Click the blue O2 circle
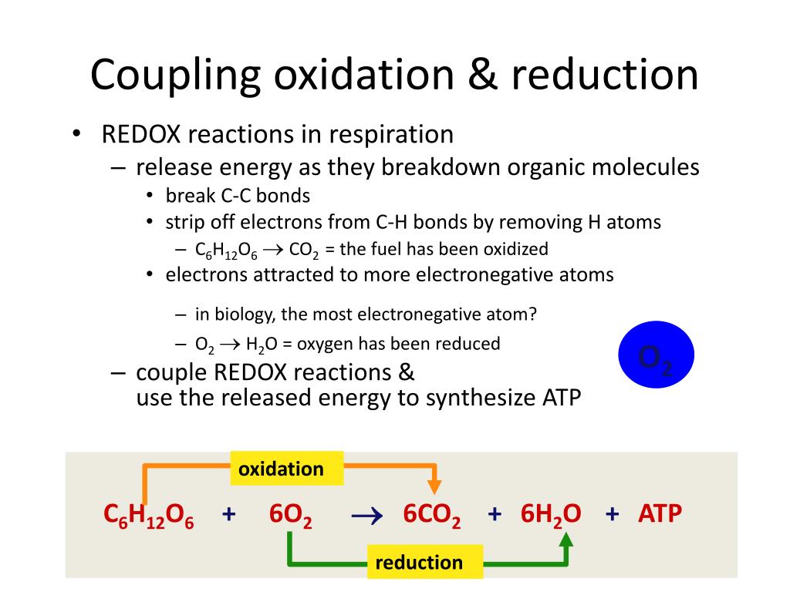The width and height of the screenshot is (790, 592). (657, 355)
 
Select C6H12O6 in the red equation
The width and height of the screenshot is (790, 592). (149, 516)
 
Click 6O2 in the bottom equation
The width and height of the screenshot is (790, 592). (291, 516)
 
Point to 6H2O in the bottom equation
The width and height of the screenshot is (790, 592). (551, 516)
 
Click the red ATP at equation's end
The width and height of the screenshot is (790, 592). (660, 514)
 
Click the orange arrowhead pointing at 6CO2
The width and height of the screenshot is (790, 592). (434, 486)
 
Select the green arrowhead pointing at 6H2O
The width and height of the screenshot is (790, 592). (566, 540)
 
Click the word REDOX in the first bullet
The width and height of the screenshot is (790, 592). (141, 135)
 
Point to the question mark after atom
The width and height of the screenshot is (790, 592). (532, 314)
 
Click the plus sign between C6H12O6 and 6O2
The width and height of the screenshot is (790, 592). (228, 514)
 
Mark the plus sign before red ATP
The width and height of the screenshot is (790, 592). (613, 514)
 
